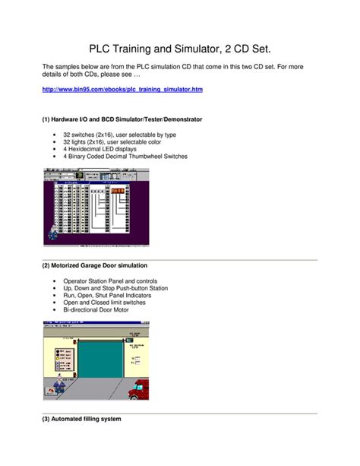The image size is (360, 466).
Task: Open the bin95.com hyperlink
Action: click(122, 89)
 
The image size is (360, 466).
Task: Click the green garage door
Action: click(96, 363)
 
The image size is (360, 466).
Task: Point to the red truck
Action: click(137, 388)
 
